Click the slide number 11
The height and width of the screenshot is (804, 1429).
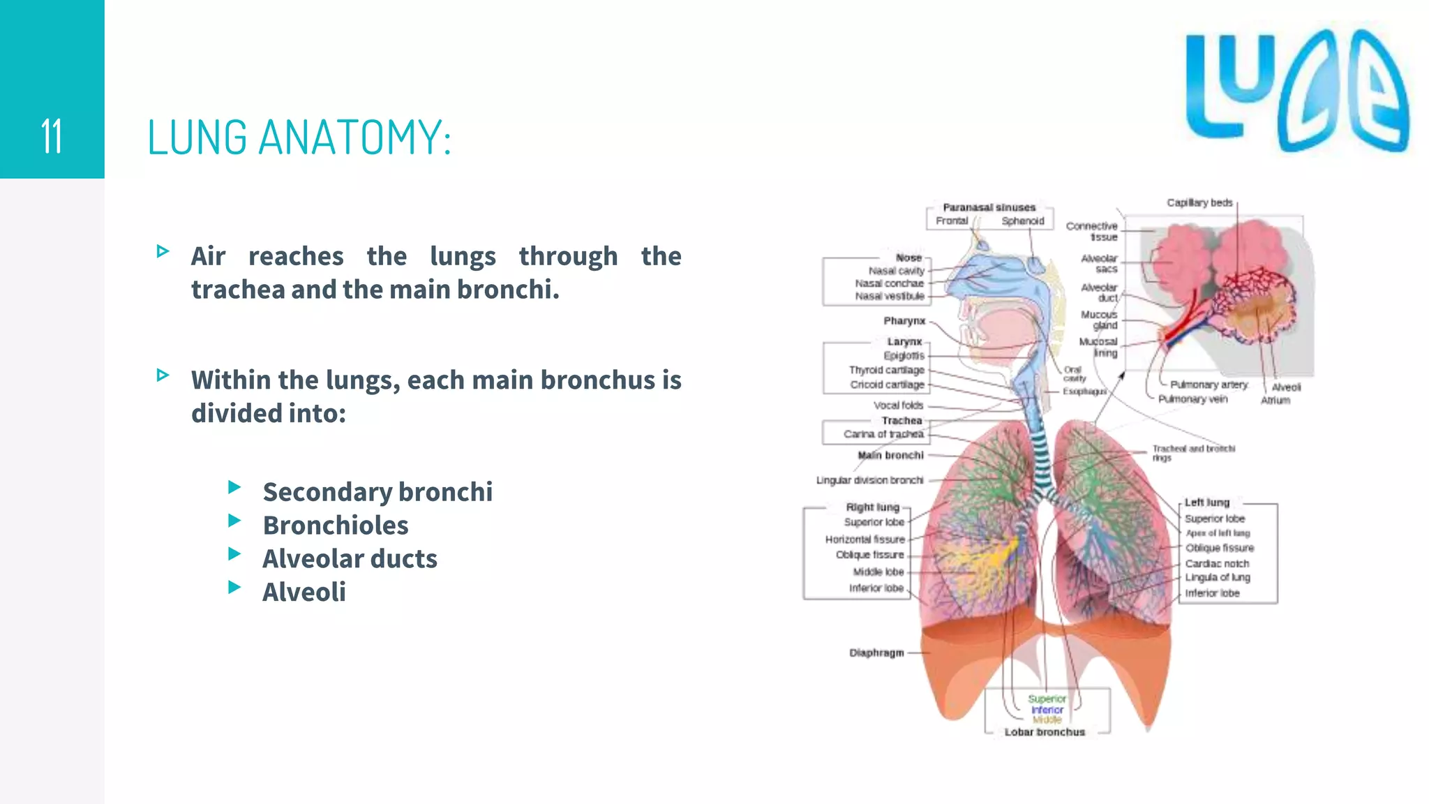coord(52,136)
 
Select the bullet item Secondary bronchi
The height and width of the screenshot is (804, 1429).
coord(377,492)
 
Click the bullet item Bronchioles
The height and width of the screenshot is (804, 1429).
coord(336,526)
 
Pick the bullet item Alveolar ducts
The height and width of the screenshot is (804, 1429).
coord(350,559)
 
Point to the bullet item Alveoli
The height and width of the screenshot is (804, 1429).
coord(304,593)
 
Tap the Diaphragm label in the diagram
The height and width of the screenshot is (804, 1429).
coord(876,653)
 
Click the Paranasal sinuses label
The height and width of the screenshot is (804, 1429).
coord(989,207)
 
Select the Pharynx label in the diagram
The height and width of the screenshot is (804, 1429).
coord(904,321)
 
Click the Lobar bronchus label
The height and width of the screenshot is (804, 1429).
coord(1045,732)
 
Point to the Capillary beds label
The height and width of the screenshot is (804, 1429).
coord(1199,203)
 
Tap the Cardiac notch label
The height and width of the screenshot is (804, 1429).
coord(1217,563)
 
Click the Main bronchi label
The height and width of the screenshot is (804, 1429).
coord(891,455)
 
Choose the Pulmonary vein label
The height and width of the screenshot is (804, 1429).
coord(1192,399)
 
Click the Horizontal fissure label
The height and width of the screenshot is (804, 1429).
coord(865,539)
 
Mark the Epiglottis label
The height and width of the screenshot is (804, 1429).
coord(904,356)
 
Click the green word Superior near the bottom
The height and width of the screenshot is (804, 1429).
coord(1047,699)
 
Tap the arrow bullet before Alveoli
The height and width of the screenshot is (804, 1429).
coord(234,588)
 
